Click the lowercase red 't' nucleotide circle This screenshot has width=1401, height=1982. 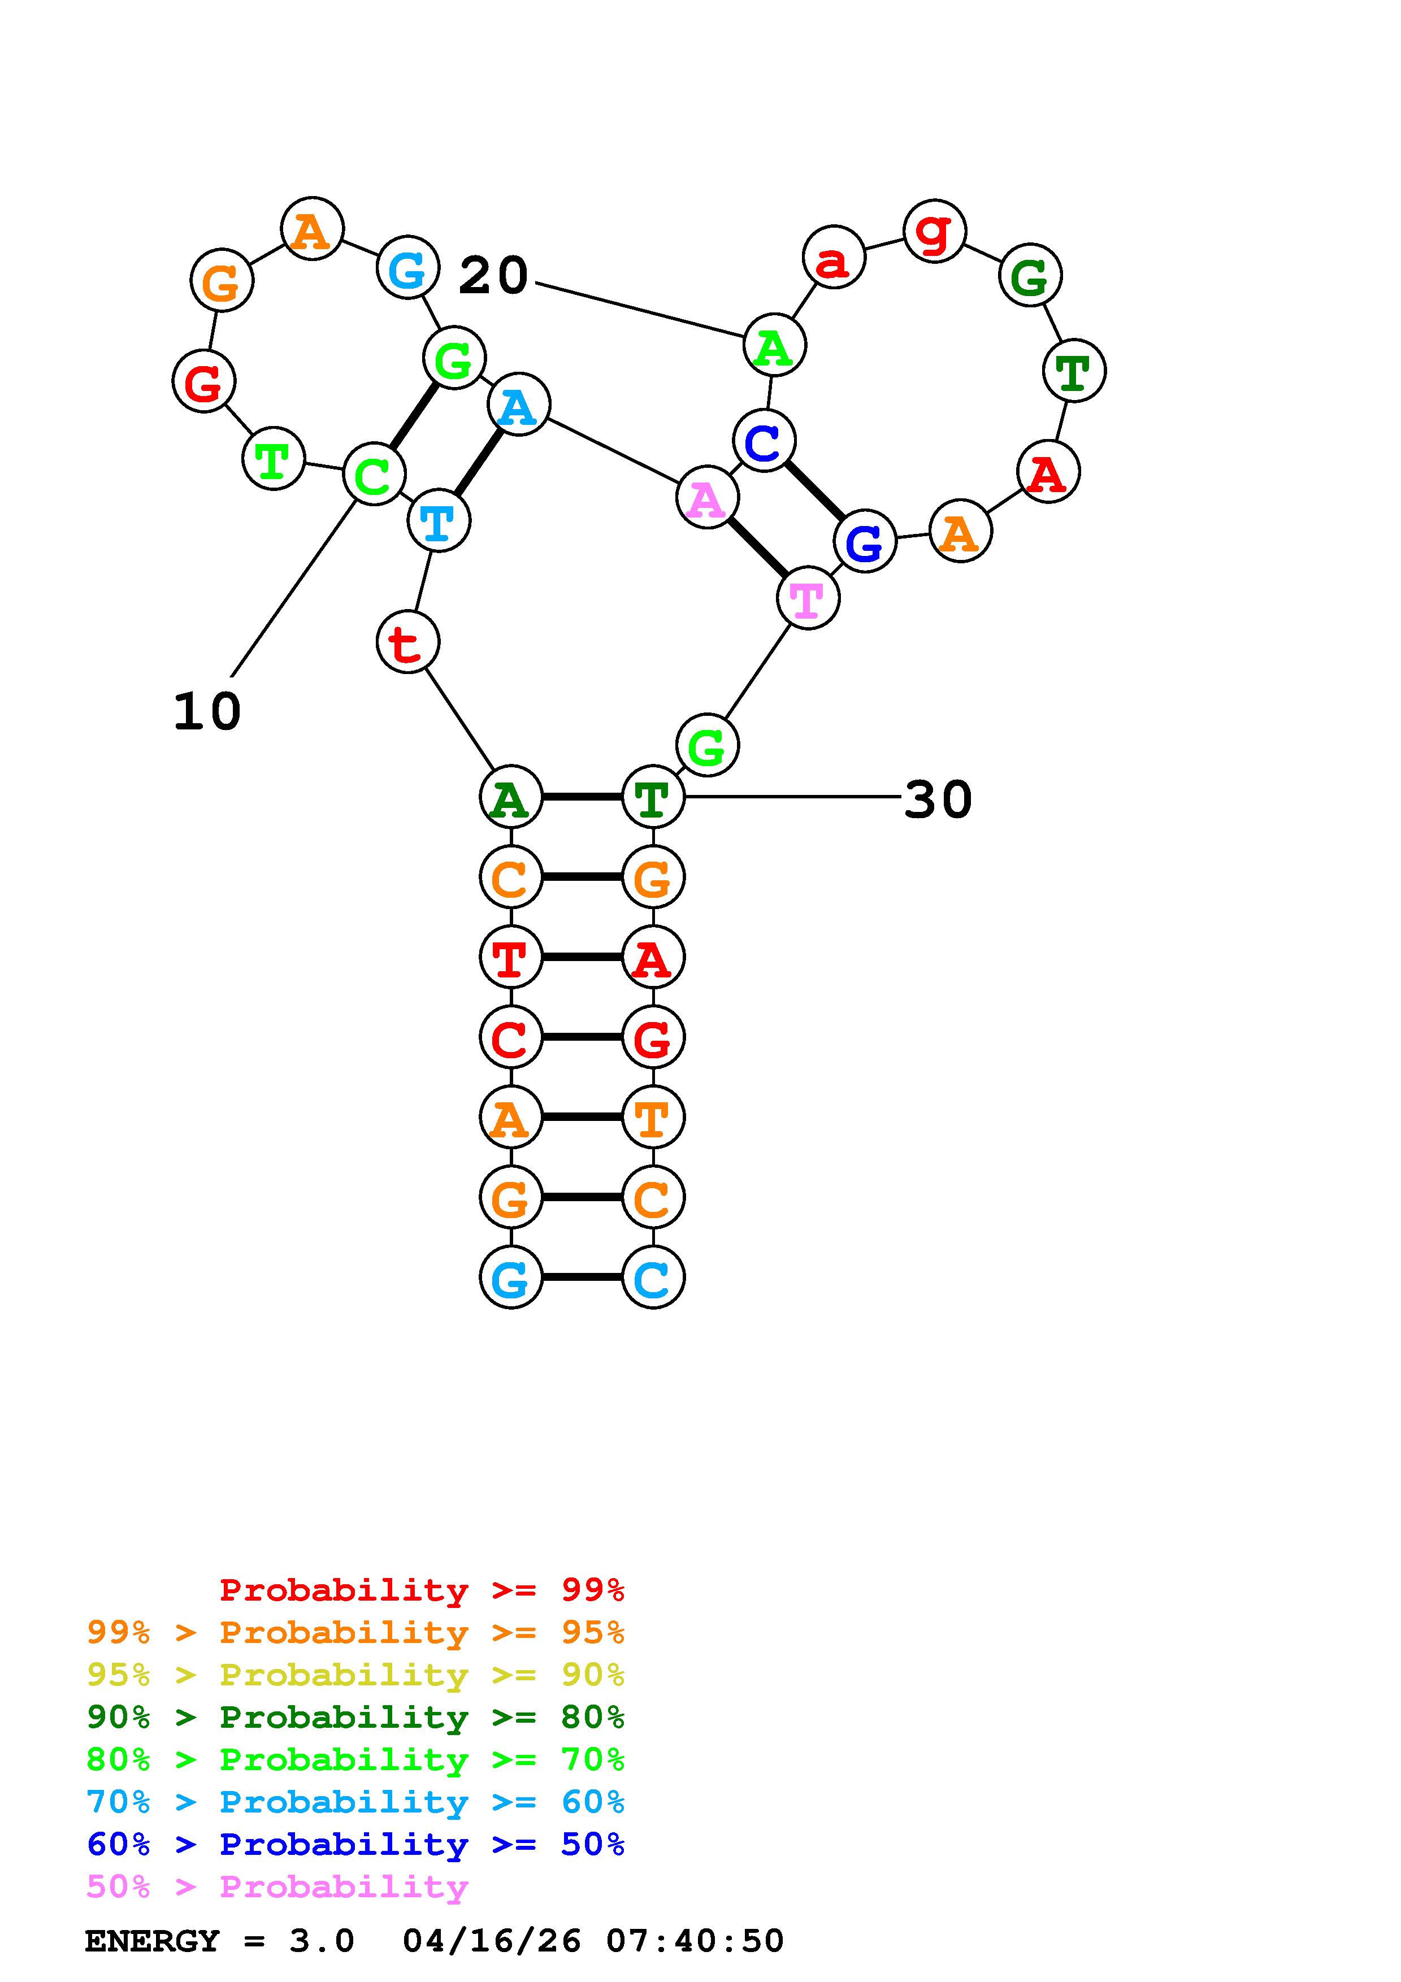click(x=407, y=642)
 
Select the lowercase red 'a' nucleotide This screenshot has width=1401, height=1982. click(x=833, y=257)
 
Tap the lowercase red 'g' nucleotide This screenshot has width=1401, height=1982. click(x=934, y=231)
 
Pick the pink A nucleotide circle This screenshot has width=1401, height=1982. click(x=707, y=498)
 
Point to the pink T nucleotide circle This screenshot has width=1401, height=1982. click(x=808, y=598)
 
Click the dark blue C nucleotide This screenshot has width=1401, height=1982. click(x=764, y=441)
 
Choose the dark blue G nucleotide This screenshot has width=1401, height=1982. click(x=865, y=541)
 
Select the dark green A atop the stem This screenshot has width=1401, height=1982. click(x=510, y=797)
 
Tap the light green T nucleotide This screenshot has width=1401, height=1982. click(x=274, y=459)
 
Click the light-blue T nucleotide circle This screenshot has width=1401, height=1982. click(x=439, y=520)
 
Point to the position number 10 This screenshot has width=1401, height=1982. click(x=207, y=712)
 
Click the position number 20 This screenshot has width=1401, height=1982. click(x=493, y=276)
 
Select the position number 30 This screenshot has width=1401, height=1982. click(x=938, y=799)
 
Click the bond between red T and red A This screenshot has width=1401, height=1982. click(x=582, y=957)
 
